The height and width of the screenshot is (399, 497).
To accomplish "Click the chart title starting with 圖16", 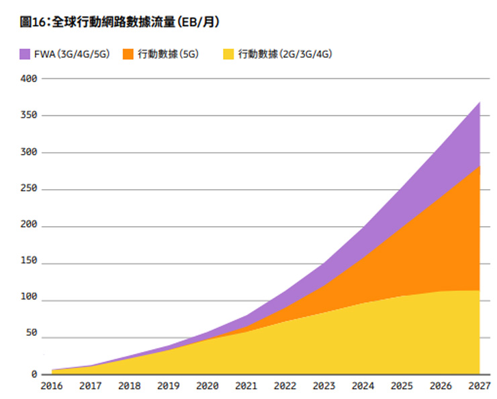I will (120, 23).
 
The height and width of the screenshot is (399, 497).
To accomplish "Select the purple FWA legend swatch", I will (26, 54).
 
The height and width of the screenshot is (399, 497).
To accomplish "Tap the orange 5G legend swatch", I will (128, 54).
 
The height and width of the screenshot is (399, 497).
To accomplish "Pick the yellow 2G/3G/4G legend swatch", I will (228, 54).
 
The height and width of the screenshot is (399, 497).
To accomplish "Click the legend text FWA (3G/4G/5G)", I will (71, 54).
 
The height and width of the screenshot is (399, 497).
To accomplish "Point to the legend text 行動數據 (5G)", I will (168, 54).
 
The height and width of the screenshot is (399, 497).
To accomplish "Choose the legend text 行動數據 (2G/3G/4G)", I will (285, 54).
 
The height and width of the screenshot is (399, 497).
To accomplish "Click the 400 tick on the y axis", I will (30, 79).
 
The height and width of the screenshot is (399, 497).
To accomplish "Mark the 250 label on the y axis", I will (30, 190).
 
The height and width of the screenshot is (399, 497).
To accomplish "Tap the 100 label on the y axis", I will (30, 301).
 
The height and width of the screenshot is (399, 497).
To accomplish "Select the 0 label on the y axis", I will (34, 375).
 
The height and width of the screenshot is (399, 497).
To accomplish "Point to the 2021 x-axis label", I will (246, 386).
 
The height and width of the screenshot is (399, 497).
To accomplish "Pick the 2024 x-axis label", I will (363, 386).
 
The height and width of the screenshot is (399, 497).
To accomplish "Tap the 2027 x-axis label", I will (480, 386).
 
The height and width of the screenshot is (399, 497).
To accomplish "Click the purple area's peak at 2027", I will (480, 102).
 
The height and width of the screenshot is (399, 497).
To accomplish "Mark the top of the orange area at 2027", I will (480, 166).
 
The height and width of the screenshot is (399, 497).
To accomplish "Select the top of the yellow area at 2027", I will (480, 291).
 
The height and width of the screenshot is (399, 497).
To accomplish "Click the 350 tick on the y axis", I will (30, 116).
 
